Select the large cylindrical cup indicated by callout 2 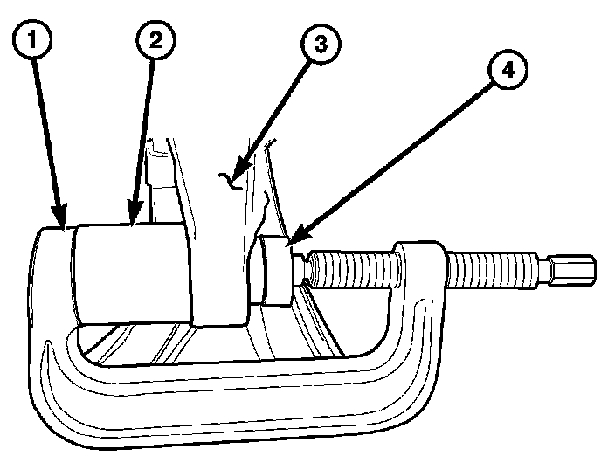(131, 273)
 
